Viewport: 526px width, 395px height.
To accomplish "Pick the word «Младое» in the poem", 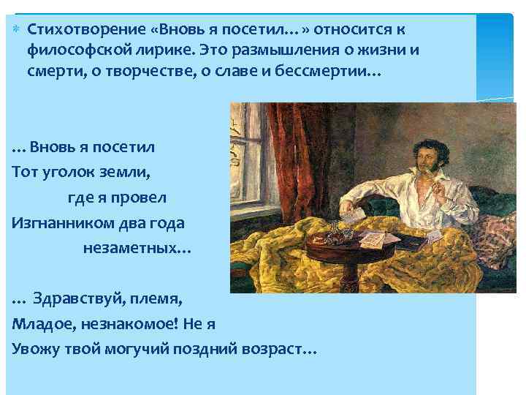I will pos(39,325).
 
